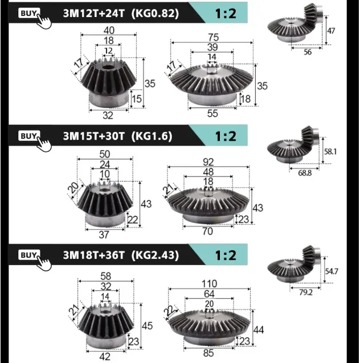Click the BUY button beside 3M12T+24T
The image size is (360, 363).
coord(29,13)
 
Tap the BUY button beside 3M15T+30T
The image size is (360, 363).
coord(29,136)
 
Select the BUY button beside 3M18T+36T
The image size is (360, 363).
coord(29,255)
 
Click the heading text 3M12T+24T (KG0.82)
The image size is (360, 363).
coord(121,14)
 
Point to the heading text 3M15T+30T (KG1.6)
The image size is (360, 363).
coord(117,136)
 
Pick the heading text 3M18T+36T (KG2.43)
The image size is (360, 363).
coord(121,255)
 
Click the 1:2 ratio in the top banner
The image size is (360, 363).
coord(226,14)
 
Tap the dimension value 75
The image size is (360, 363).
coord(213,38)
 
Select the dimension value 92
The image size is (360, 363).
coord(208,162)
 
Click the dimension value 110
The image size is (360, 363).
coord(209,284)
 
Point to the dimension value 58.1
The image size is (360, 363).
coord(330,152)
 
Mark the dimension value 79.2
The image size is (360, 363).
coord(306,292)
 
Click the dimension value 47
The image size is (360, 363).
coord(331,31)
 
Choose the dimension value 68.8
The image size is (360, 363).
coord(305,173)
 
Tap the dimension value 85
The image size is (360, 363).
coord(208,353)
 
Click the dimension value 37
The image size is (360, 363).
coord(104,235)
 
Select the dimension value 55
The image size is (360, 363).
coord(212,113)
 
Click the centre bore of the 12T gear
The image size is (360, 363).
coord(107,68)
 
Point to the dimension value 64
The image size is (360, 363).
coord(209,294)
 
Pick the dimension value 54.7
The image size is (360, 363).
coord(332,271)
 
